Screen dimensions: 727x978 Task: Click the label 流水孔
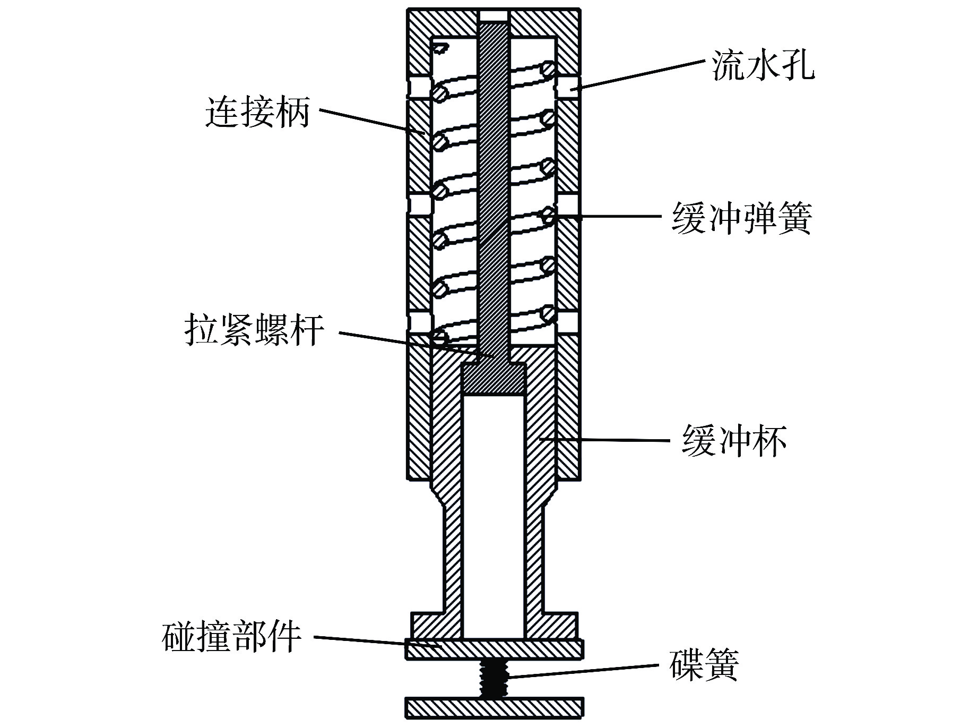point(763,67)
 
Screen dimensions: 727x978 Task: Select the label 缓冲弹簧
point(741,218)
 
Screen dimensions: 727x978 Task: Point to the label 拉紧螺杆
point(254,330)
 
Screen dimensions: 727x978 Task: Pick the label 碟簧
point(704,664)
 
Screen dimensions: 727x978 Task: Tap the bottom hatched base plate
point(495,707)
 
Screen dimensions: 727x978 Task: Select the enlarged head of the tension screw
point(494,378)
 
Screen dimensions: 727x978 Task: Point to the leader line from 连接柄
point(371,121)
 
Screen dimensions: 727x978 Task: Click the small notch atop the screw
point(494,16)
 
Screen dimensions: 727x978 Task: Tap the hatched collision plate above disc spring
point(495,649)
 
